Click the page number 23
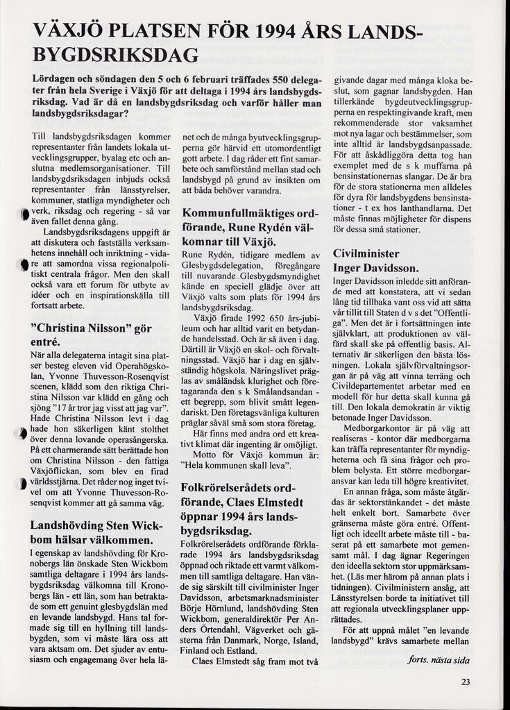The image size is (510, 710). (465, 682)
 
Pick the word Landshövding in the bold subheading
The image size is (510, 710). (69, 525)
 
